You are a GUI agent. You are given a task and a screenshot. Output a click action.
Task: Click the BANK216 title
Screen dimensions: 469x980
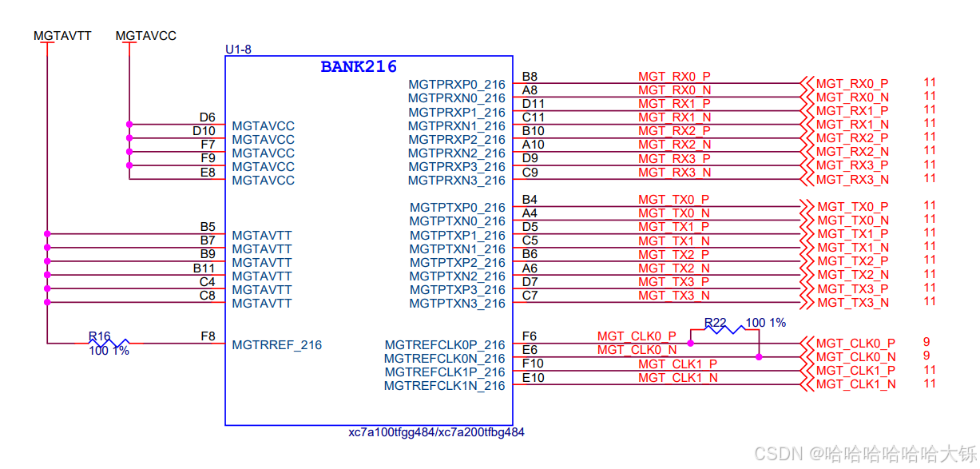click(359, 66)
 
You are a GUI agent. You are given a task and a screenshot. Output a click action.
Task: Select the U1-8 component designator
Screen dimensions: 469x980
click(238, 50)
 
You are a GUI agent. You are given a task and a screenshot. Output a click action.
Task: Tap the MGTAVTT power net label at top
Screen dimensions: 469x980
click(62, 36)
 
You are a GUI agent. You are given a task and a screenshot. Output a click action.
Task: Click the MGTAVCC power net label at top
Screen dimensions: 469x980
click(146, 36)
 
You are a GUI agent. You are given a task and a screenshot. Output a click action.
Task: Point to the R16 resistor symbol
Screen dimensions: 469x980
click(109, 344)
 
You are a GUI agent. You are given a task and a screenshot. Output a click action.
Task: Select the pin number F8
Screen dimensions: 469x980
click(208, 336)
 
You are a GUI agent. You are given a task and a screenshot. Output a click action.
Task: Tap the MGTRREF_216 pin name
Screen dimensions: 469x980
click(277, 345)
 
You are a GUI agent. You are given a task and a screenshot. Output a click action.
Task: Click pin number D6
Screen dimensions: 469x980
click(208, 117)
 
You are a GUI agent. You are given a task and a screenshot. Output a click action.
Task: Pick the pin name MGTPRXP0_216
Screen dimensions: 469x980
click(457, 85)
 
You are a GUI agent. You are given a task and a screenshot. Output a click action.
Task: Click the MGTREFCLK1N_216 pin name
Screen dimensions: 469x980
click(445, 386)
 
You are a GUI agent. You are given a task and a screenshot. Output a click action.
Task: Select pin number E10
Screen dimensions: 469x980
click(534, 377)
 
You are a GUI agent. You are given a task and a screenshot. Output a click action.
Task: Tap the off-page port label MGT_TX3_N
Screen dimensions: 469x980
click(852, 303)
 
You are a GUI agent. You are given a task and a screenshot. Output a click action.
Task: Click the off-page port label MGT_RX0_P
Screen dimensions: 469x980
click(852, 84)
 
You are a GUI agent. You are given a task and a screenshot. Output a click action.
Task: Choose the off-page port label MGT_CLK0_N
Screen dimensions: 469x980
click(855, 357)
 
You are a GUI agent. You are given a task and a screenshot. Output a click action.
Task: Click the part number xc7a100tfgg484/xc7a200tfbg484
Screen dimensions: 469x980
click(436, 432)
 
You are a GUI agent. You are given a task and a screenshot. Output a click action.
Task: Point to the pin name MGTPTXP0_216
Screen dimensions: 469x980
click(458, 208)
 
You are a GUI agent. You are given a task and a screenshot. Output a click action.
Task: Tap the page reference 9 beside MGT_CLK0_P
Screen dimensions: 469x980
click(926, 342)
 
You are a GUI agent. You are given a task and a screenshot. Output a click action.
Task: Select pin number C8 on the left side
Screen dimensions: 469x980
click(208, 296)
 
